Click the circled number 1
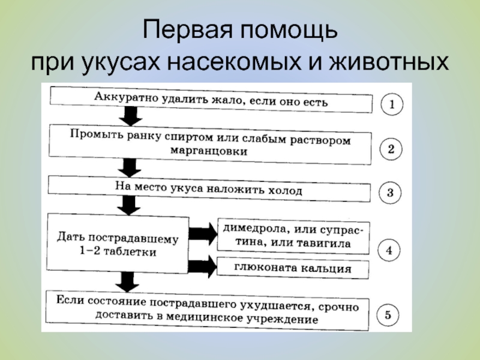[x=392, y=105]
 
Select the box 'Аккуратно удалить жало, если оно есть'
[x=210, y=100]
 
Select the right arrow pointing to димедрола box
[x=203, y=230]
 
